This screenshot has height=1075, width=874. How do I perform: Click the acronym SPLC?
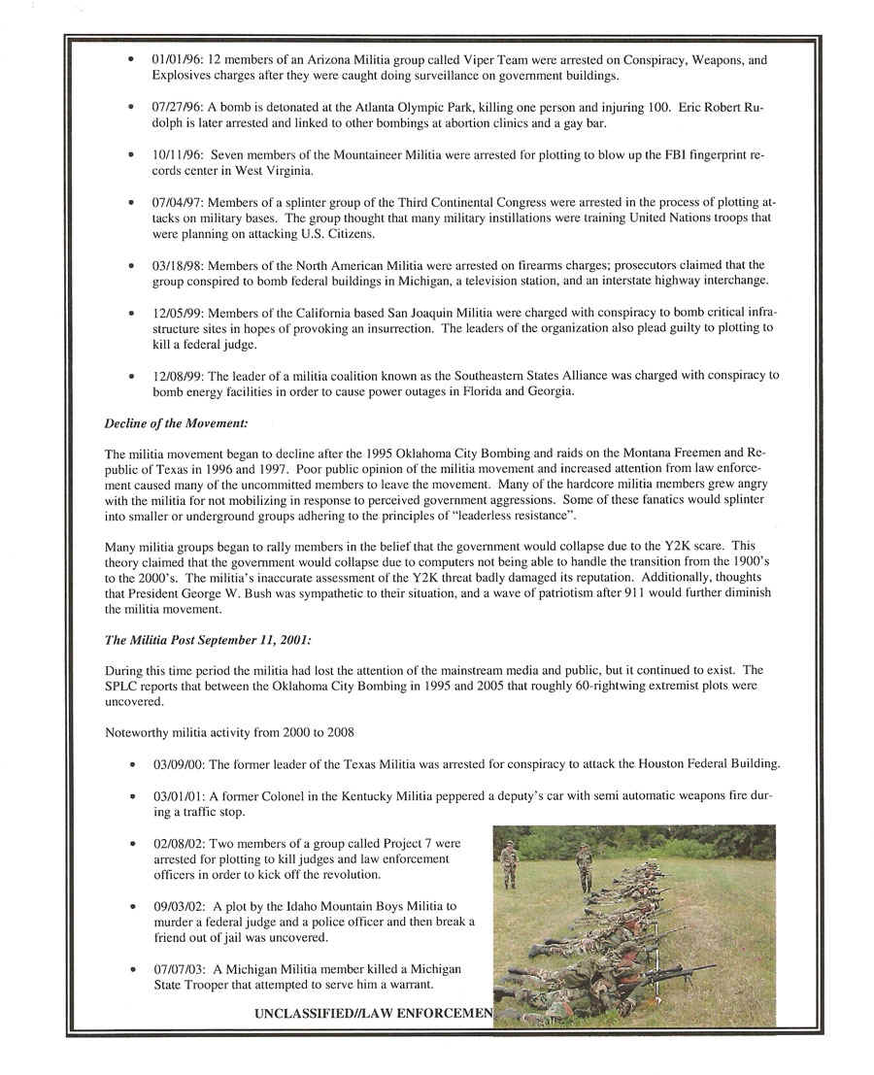pyautogui.click(x=121, y=686)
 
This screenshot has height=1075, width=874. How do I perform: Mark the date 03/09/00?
pyautogui.click(x=177, y=763)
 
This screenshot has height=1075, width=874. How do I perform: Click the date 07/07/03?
pyautogui.click(x=177, y=969)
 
